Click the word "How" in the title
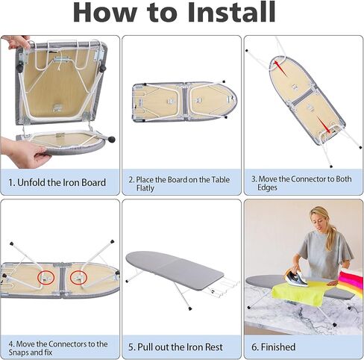click(111, 13)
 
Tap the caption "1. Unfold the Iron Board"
click(57, 182)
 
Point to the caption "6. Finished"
click(273, 347)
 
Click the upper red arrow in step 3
click(280, 69)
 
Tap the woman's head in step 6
click(320, 220)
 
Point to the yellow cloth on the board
click(298, 291)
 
